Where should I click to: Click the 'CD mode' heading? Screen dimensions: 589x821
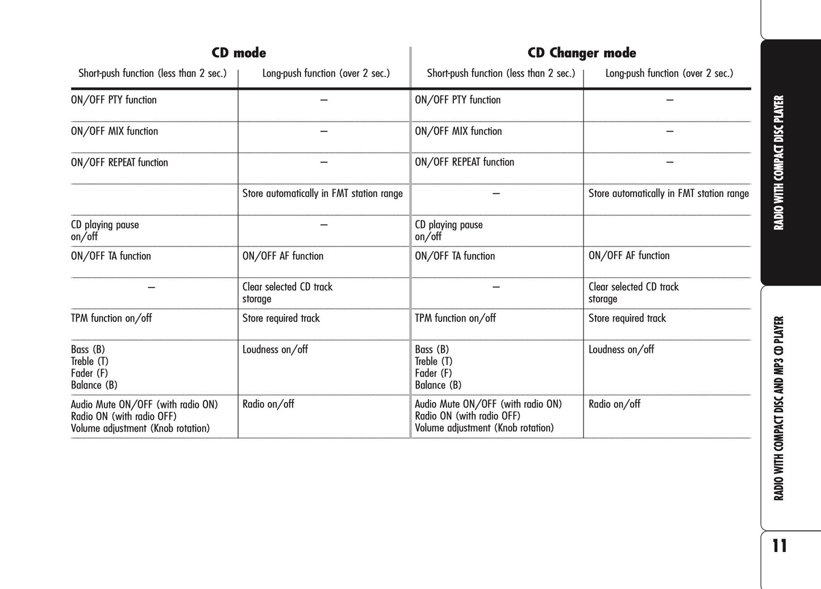point(239,53)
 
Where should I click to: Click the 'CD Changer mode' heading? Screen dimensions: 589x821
point(581,53)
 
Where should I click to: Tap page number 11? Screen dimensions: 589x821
point(780,546)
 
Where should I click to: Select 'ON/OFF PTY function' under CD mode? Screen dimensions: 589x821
point(114,100)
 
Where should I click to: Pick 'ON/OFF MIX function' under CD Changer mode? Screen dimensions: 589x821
point(458,131)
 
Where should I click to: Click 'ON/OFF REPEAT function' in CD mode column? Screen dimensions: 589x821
point(119,162)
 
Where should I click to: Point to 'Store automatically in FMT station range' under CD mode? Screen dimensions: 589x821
point(322,194)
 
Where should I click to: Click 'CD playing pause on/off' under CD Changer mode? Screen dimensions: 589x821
point(448,231)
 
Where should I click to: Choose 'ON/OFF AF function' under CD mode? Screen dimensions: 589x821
point(282,256)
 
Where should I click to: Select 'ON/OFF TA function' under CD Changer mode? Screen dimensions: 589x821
point(455,256)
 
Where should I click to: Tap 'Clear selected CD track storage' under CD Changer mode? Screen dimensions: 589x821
point(633,293)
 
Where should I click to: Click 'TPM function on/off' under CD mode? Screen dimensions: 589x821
point(111,318)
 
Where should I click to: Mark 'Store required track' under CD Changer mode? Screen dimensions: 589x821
point(627,318)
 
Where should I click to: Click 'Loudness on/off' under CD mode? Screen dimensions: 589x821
point(275,349)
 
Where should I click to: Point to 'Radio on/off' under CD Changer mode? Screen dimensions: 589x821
point(614,404)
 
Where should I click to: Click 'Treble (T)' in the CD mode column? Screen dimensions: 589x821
point(89,361)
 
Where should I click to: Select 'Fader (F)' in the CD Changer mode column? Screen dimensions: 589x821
point(433,373)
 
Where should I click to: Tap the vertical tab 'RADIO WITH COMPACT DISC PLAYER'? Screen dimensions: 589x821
point(779,162)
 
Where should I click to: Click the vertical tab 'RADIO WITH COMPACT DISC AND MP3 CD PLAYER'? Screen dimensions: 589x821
point(779,408)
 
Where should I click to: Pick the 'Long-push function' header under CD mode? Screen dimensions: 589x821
point(326,73)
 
